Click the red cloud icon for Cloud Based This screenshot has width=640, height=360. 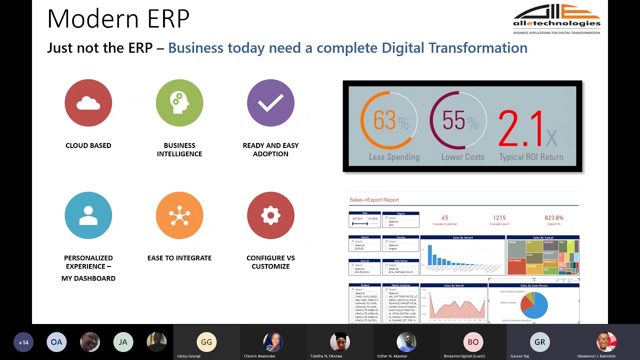(88, 103)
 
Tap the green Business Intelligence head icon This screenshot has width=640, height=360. (179, 103)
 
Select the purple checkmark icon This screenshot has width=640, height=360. (270, 103)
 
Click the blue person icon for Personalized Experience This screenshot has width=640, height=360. (88, 215)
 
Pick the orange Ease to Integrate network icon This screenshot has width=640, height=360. (179, 215)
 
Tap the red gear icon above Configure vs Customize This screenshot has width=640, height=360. (270, 215)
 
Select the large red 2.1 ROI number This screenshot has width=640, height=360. (521, 129)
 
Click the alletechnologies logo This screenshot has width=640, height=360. (556, 19)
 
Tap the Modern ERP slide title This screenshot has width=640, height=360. (118, 19)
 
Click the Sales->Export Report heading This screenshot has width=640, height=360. (374, 200)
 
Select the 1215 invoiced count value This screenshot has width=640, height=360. (499, 218)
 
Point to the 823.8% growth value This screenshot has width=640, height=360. (554, 218)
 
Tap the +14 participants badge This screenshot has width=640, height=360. (23, 342)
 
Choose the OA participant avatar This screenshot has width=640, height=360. (56, 342)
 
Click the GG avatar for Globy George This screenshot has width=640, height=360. (206, 342)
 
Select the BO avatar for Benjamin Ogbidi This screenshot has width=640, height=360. (473, 342)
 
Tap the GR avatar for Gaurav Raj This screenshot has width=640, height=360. (540, 342)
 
